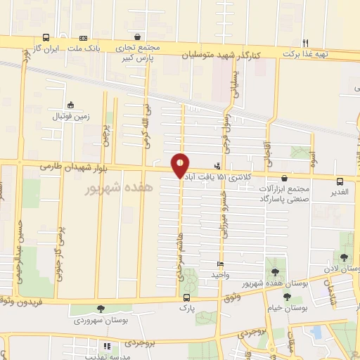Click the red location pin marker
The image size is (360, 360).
tap(181, 165)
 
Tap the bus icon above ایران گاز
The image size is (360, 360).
tap(46, 37)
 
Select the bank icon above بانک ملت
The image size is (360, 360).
tap(84, 37)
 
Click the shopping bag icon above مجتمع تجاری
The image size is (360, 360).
tap(137, 37)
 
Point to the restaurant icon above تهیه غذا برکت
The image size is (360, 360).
tap(305, 42)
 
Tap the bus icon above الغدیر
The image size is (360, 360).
tap(340, 181)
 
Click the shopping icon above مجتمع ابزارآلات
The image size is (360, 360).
tap(284, 179)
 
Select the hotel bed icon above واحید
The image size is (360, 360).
tap(221, 264)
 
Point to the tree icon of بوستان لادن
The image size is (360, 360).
tap(343, 257)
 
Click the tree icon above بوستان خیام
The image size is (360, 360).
tap(287, 297)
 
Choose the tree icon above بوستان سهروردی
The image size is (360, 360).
tap(101, 308)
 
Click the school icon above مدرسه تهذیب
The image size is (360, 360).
tap(107, 346)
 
